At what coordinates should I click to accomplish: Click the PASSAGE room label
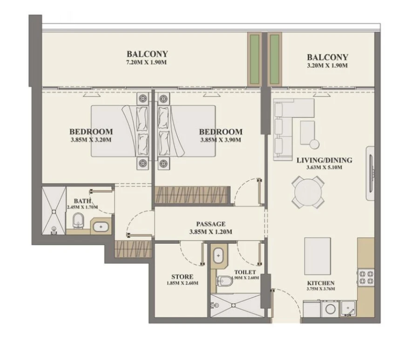[210, 224]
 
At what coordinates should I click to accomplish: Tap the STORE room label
[182, 276]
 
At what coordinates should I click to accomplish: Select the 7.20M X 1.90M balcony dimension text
[147, 62]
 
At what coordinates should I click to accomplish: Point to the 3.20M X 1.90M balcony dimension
[327, 66]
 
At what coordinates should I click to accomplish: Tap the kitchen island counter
[318, 256]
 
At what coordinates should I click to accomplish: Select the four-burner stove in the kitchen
[365, 278]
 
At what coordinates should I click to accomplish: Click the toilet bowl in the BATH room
[79, 221]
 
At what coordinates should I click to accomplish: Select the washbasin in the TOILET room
[218, 256]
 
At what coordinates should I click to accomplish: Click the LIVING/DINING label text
[324, 160]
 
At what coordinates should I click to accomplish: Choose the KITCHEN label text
[320, 283]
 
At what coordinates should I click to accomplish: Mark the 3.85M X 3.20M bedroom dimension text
[91, 139]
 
